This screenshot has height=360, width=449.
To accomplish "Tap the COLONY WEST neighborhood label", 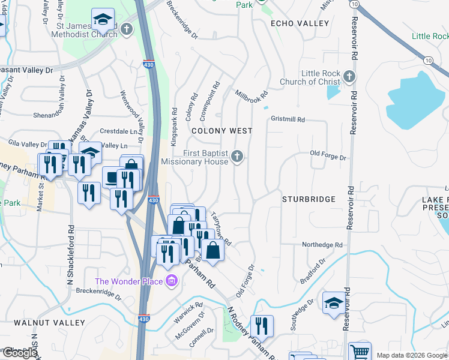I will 221,130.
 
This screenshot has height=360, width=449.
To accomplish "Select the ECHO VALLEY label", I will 300,23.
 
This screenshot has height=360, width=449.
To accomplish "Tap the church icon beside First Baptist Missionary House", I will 237,157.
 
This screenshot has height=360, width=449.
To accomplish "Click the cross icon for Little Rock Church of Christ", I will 350,77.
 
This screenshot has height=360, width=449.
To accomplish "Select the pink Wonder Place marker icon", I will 171,281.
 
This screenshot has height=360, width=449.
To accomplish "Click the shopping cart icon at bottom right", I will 360,352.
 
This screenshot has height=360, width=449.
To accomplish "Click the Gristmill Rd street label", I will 288,119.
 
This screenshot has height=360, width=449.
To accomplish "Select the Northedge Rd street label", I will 322,245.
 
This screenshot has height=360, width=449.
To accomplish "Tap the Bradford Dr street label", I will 313,272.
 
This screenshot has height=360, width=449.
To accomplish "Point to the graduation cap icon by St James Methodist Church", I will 103,19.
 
